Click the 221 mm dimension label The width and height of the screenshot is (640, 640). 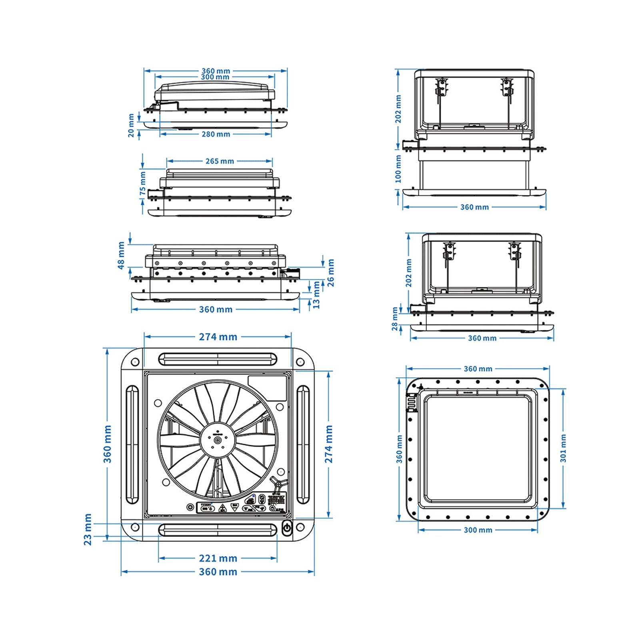point(218,558)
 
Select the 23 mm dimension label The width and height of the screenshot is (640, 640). point(88,530)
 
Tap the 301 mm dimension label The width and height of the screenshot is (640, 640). point(563,448)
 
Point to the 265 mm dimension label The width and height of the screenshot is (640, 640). point(220,161)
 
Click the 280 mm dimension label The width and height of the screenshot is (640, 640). point(216,134)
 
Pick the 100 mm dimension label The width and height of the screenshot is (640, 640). point(398,169)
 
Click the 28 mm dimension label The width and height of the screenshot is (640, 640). point(395,319)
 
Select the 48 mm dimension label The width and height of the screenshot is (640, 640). point(121,256)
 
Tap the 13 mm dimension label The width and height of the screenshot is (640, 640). point(316,295)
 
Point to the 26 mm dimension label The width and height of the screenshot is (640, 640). point(330,273)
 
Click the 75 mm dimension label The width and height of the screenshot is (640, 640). point(143,184)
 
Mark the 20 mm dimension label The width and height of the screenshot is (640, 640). point(131,126)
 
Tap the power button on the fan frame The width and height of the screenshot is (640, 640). point(287,528)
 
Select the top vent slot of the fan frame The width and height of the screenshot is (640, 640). point(218,359)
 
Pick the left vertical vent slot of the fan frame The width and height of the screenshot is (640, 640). point(132,444)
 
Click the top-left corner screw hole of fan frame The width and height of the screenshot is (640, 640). point(135,362)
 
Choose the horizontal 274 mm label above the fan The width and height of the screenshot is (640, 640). point(218,337)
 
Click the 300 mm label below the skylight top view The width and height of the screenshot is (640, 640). point(478,530)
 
